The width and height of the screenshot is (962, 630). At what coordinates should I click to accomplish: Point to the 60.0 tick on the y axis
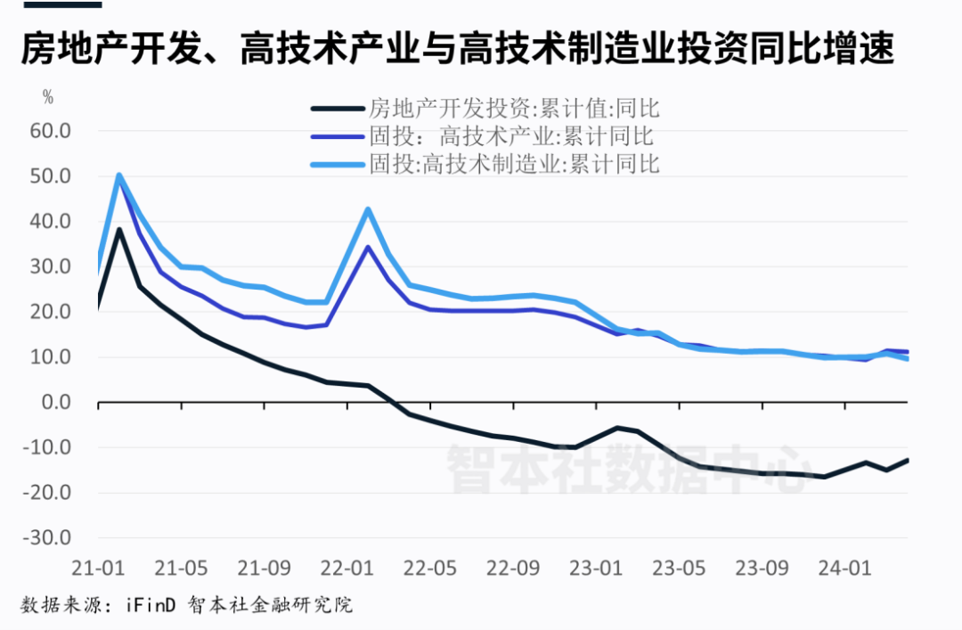coord(51,131)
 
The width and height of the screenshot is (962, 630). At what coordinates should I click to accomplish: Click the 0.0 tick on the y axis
coord(56,403)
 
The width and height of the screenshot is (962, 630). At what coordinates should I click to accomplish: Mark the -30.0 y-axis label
coord(51,538)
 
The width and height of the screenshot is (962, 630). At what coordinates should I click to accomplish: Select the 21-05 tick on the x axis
coord(181,569)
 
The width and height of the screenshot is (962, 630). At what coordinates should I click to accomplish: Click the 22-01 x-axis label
coord(346,569)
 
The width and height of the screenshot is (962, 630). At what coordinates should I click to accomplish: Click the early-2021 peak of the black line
coord(119,230)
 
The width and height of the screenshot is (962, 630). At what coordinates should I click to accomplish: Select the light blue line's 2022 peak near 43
coord(368,209)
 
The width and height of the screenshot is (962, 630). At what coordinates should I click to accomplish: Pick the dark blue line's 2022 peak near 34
coord(368,247)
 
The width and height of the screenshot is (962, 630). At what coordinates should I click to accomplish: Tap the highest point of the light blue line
coord(118,176)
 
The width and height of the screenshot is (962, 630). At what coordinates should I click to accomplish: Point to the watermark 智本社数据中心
coord(628,467)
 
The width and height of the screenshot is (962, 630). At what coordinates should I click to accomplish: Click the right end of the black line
coord(907,460)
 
